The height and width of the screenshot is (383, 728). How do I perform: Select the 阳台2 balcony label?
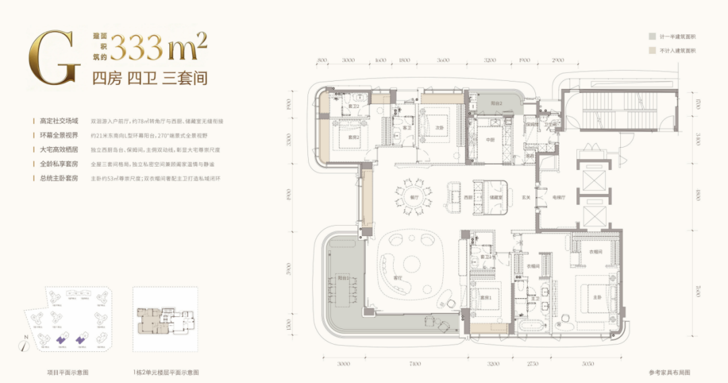tap(497, 104)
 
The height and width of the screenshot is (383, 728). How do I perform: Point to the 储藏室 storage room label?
tap(495, 198)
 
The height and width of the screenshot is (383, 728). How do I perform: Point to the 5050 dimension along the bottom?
tap(588, 364)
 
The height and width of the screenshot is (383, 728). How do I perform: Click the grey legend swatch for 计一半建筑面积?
tap(652, 36)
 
